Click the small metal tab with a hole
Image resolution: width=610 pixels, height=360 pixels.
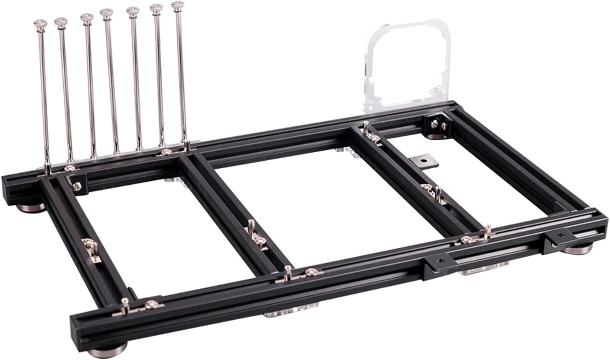424,160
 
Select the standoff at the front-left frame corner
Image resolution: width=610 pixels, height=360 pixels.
125,306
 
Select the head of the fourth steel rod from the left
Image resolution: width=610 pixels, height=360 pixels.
106,13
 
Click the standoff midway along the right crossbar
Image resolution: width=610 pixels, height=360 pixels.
436,193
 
